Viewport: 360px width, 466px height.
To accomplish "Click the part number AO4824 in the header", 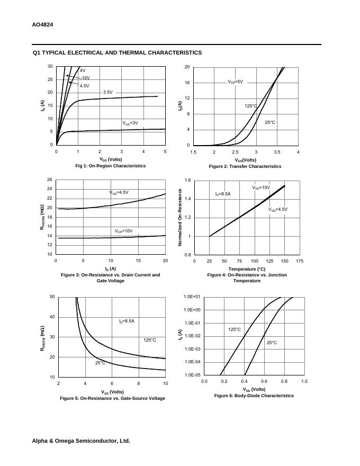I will pyautogui.click(x=42, y=25).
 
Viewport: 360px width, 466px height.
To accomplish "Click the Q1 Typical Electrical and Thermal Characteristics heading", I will pyautogui.click(x=117, y=53).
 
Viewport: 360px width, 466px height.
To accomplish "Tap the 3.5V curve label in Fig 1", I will pyautogui.click(x=107, y=93).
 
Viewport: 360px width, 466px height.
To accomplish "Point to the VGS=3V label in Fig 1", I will pyautogui.click(x=130, y=123).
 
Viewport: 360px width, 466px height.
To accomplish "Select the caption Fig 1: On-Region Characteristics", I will pyautogui.click(x=110, y=166).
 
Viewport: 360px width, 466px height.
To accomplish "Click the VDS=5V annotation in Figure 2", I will pyautogui.click(x=235, y=82).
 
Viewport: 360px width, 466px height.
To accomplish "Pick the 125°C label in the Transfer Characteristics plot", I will pyautogui.click(x=250, y=106).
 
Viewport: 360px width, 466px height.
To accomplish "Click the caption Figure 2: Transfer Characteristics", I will pyautogui.click(x=245, y=166).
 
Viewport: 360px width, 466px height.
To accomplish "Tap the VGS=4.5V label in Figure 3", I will pyautogui.click(x=119, y=193).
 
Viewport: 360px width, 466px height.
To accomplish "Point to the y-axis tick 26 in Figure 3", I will pyautogui.click(x=49, y=180).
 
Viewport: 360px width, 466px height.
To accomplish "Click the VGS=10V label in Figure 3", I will pyautogui.click(x=124, y=231).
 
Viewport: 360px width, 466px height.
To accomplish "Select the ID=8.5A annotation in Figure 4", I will pyautogui.click(x=223, y=194).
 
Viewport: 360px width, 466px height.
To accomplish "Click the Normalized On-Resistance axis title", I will pyautogui.click(x=180, y=217).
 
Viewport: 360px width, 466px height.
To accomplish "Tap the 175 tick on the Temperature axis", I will pyautogui.click(x=300, y=261).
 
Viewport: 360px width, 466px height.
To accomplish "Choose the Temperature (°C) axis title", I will pyautogui.click(x=247, y=269).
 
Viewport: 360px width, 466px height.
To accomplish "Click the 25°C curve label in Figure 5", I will pyautogui.click(x=100, y=363).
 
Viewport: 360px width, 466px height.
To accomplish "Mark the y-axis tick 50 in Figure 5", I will pyautogui.click(x=52, y=297).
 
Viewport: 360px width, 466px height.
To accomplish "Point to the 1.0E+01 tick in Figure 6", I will pyautogui.click(x=192, y=297).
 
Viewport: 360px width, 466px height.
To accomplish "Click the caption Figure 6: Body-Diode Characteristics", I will pyautogui.click(x=254, y=396).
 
